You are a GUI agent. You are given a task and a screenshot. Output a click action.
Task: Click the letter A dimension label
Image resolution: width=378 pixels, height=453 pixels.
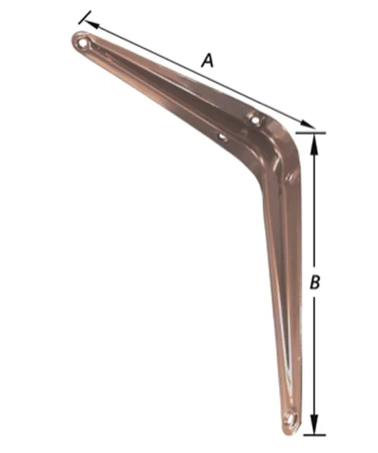tap(207, 61)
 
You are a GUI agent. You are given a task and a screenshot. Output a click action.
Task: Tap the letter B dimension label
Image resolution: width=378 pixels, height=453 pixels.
tap(315, 281)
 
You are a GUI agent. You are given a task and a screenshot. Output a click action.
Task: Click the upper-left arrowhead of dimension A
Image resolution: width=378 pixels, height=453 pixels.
tap(92, 24)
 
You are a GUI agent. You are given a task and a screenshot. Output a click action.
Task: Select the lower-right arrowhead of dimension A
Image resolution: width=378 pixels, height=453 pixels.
tap(307, 124)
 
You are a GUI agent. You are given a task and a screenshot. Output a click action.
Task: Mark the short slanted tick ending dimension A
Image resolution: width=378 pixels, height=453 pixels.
tap(85, 17)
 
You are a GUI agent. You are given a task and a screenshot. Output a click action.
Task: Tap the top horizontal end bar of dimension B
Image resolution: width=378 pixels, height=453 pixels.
tap(311, 133)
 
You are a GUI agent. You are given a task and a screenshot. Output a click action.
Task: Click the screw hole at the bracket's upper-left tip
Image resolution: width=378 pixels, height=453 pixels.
tap(83, 43)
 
